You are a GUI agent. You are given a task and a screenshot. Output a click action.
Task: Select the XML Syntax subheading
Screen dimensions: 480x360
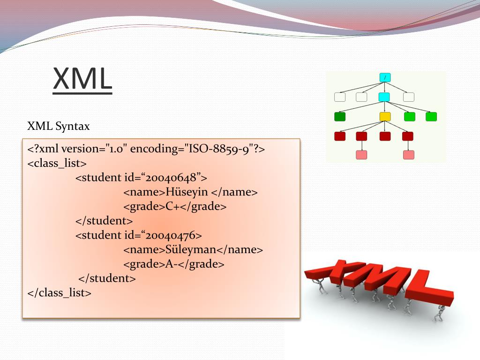pos(59,126)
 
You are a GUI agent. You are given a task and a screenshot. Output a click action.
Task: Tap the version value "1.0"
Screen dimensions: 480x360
pos(116,149)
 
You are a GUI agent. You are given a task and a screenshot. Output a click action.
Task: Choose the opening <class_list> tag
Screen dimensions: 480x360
pos(57,164)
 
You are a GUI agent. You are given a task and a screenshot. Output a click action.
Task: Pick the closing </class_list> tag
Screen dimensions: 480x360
pos(60,293)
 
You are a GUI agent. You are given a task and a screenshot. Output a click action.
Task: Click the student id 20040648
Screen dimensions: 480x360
pos(171,178)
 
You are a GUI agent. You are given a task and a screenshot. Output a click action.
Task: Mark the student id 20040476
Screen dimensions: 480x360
pos(171,235)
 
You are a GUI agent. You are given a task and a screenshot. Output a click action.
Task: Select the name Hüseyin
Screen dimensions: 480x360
pos(187,192)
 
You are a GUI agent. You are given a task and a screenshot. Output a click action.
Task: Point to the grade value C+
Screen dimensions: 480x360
pos(172,206)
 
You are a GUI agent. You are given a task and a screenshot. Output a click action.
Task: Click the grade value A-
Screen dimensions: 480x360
pos(171,264)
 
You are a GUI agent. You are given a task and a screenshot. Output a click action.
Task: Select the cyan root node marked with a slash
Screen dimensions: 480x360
pos(385,77)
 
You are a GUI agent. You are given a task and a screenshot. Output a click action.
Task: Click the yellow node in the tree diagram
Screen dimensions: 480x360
pos(385,117)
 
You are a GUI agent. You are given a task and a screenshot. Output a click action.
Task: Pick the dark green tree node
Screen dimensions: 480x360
pos(340,117)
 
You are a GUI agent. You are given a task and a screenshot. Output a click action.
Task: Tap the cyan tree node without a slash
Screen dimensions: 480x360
pos(384,97)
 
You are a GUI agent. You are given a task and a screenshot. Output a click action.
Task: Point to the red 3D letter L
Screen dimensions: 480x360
pos(428,288)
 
